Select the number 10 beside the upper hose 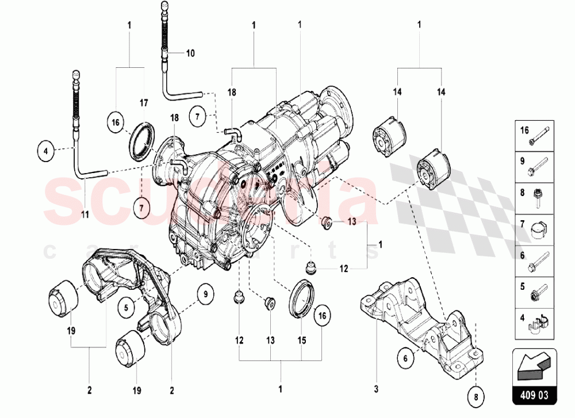[190, 53]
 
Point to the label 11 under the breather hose [85, 215]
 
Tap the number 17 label [144, 103]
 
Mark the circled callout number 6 [405, 358]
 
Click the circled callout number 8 [477, 395]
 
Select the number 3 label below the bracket [377, 390]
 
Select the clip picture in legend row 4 [537, 325]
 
